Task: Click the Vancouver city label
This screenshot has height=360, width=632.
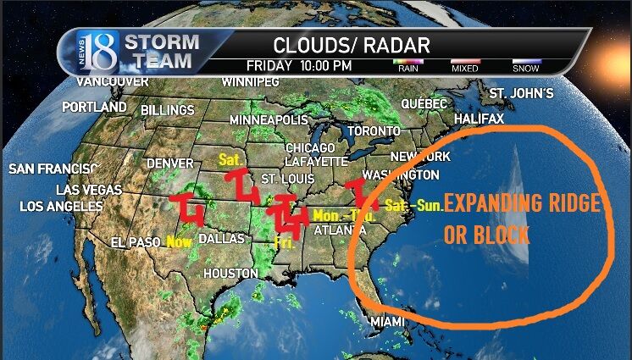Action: click(113, 81)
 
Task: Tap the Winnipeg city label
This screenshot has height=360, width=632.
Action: click(251, 82)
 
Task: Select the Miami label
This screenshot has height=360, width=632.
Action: click(388, 322)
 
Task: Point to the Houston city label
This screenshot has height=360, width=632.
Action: click(230, 274)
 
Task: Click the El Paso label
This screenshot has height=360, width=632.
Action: click(136, 243)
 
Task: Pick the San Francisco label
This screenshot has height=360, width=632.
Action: click(53, 169)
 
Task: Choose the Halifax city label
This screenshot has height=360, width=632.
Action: click(480, 119)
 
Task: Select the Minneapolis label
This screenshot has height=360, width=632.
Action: click(269, 120)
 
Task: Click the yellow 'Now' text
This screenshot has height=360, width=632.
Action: click(179, 242)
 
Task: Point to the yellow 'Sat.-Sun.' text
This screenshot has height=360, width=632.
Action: click(413, 205)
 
